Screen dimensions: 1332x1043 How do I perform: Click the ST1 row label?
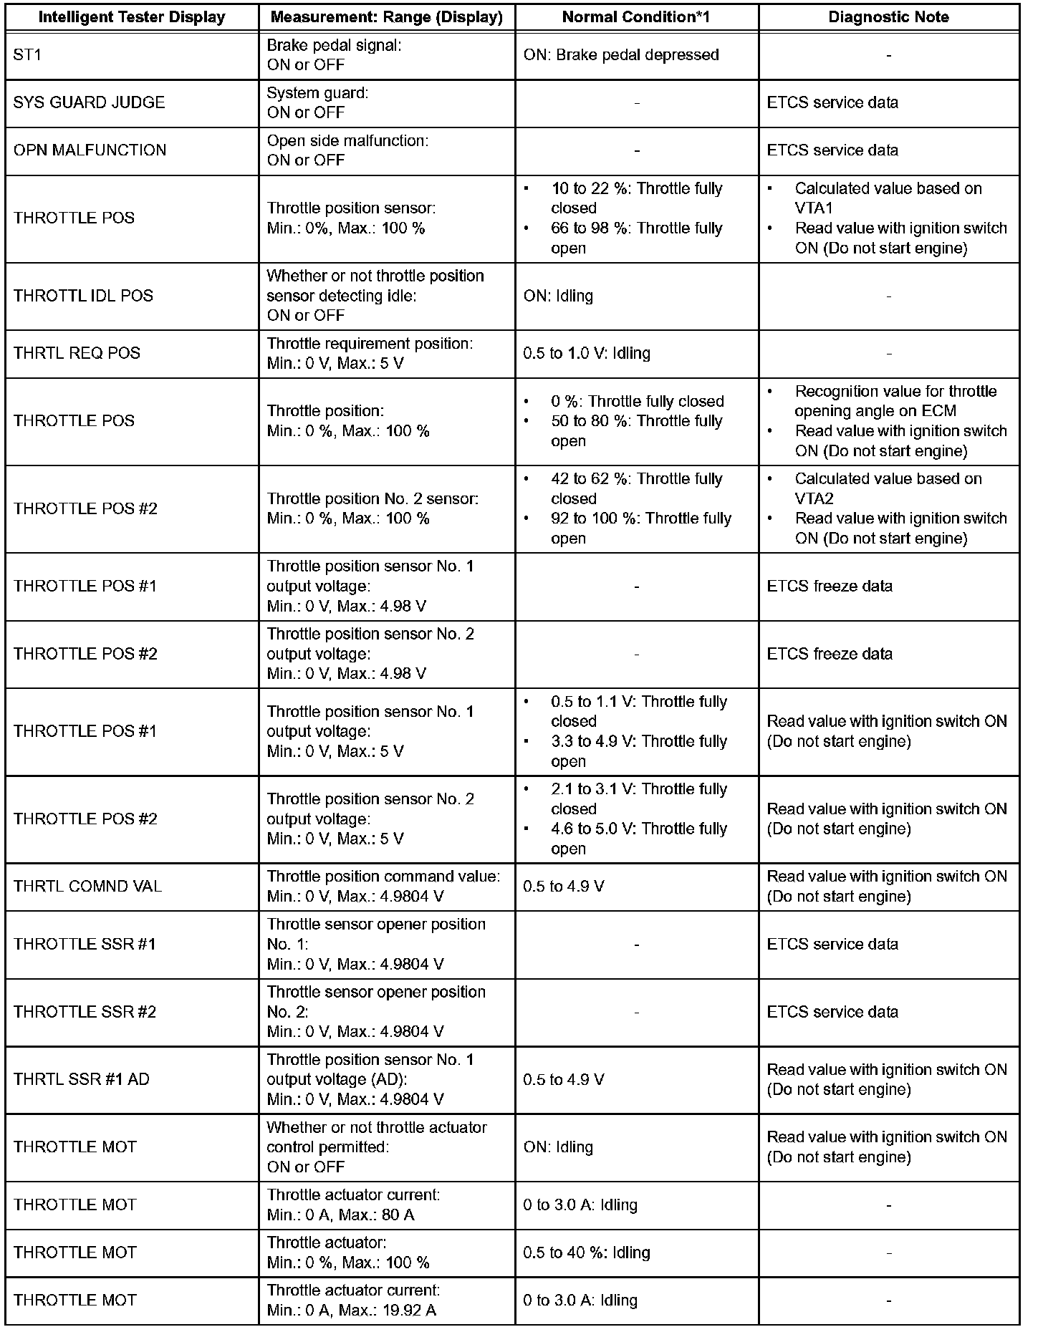28,55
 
